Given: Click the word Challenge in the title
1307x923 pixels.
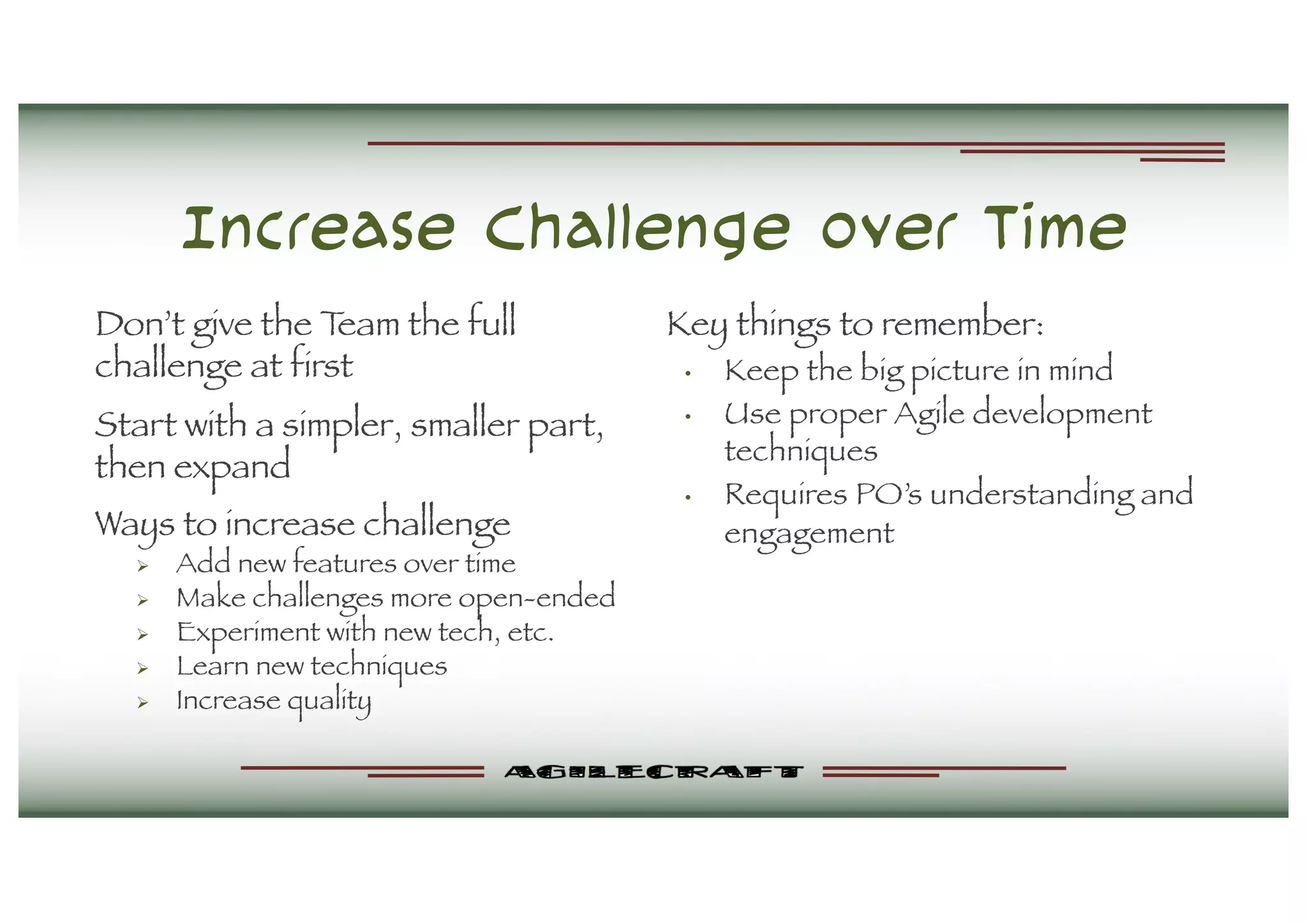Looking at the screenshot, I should click(637, 230).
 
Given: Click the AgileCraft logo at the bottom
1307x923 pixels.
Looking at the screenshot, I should click(653, 772).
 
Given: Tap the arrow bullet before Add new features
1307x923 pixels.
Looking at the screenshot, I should click(143, 566).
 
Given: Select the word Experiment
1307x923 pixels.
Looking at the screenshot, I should click(248, 633).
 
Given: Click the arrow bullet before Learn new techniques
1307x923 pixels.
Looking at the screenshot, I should click(143, 668).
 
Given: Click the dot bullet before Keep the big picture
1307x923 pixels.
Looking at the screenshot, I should click(688, 374).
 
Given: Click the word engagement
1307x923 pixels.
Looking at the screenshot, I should click(809, 535).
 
